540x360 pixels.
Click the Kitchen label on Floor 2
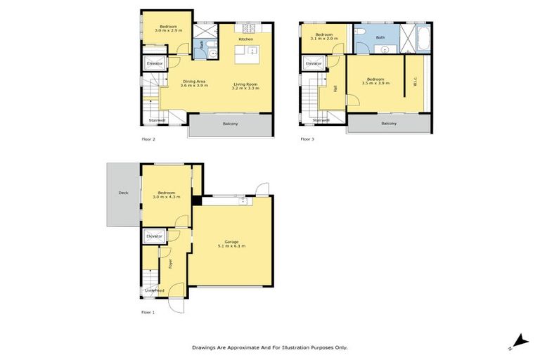(x=245, y=39)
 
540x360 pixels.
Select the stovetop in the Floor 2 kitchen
(x=247, y=29)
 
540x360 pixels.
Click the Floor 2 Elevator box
(x=155, y=64)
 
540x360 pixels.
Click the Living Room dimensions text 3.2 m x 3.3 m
(x=246, y=89)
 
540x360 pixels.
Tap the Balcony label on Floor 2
(x=230, y=124)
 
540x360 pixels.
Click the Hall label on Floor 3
(x=335, y=89)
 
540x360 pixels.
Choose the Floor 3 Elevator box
(x=314, y=64)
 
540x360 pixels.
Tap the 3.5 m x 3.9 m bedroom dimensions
(x=375, y=84)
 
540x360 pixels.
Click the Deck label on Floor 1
(x=123, y=192)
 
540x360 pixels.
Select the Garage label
(x=230, y=242)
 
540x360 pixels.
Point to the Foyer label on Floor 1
(x=170, y=264)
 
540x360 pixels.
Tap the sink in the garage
(x=243, y=201)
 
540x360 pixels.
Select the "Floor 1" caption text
(x=148, y=311)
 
